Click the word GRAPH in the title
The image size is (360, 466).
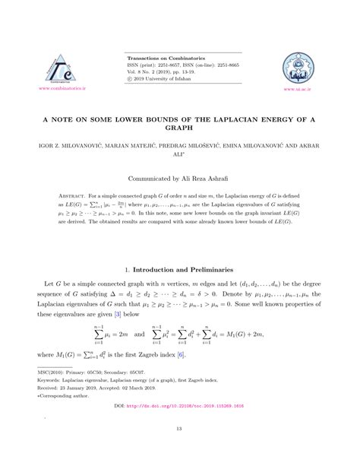pyautogui.click(x=180, y=131)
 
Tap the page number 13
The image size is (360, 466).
pyautogui.click(x=179, y=448)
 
